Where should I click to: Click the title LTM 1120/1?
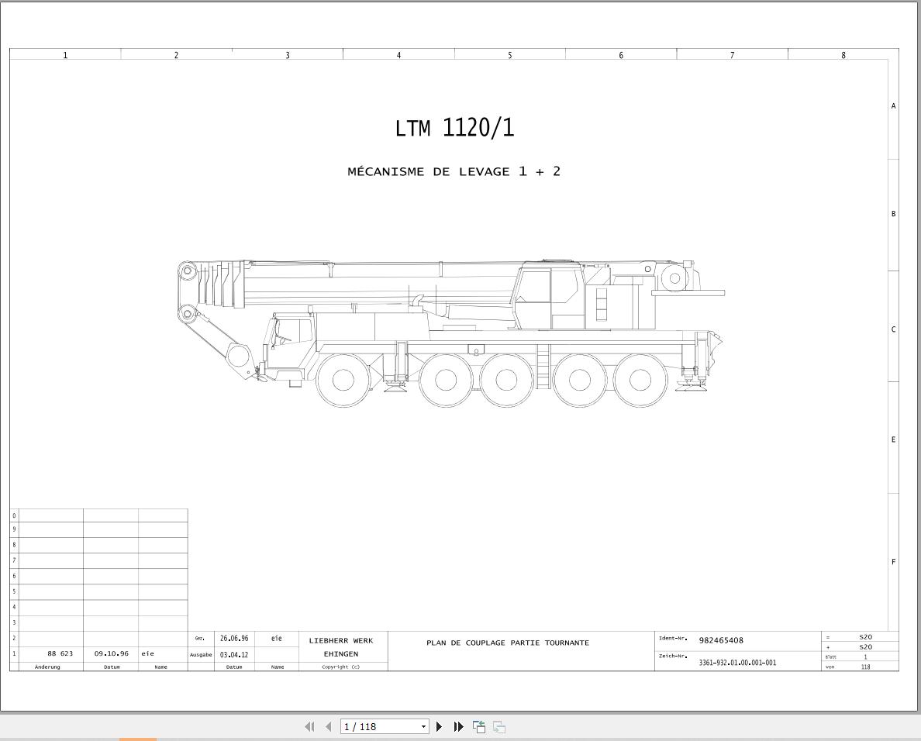pos(454,128)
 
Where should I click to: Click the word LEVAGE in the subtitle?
pos(485,172)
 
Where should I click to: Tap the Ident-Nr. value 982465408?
pos(721,640)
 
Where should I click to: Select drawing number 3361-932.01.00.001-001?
pos(737,662)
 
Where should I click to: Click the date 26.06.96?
pos(234,638)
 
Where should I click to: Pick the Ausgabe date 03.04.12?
pos(234,655)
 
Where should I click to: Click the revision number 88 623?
pos(60,653)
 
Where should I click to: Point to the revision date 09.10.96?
pos(111,653)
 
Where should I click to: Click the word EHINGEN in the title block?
pos(340,653)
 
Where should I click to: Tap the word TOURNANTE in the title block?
pos(567,643)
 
